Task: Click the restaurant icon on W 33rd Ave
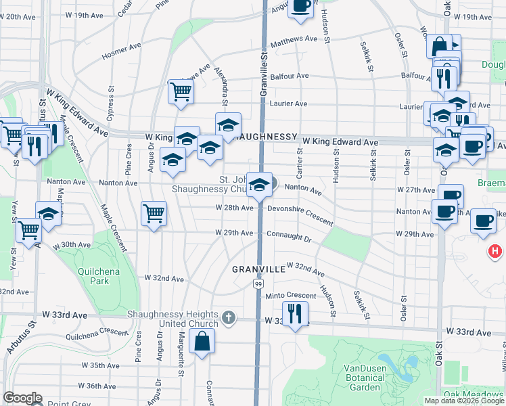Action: point(294,313)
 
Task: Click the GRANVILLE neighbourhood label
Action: point(258,269)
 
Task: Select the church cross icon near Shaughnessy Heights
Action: point(229,316)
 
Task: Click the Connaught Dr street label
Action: point(289,239)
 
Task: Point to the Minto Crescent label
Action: point(290,296)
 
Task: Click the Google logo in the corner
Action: point(22,398)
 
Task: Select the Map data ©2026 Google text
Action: point(464,401)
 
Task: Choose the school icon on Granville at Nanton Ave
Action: point(259,185)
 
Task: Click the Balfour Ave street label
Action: point(289,76)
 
